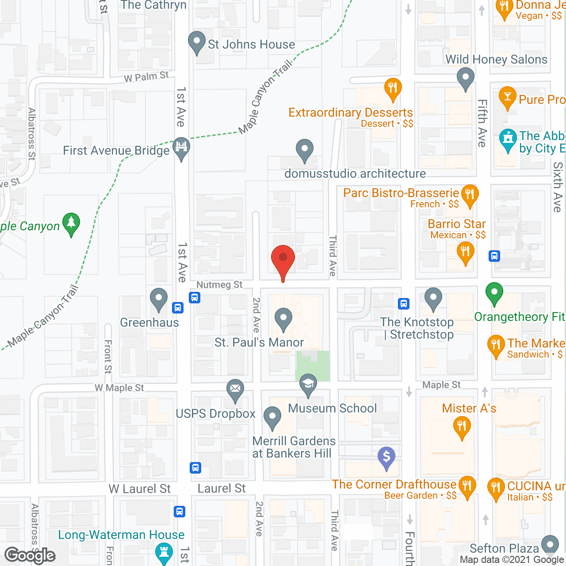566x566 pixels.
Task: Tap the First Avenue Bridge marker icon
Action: [181, 147]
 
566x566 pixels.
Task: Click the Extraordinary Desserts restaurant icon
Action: [393, 88]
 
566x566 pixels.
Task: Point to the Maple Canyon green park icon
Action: [71, 223]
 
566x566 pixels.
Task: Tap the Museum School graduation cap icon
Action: [308, 385]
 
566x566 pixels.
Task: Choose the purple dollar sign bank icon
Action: [386, 457]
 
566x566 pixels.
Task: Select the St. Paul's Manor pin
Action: [283, 319]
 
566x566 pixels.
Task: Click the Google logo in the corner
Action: [30, 555]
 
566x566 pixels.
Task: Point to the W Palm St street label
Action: [146, 77]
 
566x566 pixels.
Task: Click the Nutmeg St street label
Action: [219, 285]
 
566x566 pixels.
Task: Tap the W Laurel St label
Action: [140, 489]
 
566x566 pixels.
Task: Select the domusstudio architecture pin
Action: [304, 150]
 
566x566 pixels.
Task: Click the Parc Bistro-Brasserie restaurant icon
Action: [470, 195]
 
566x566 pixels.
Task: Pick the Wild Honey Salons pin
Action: [465, 78]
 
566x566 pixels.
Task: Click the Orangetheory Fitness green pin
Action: [494, 293]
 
